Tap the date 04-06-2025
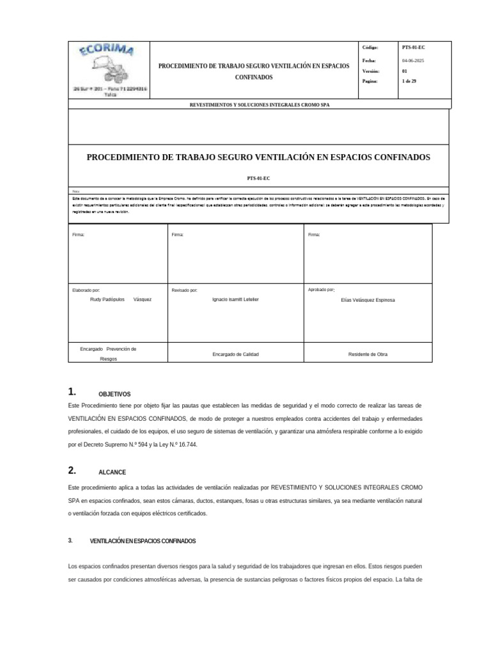pyautogui.click(x=412, y=59)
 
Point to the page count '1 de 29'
pyautogui.click(x=409, y=81)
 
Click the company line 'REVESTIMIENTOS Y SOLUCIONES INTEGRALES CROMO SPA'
pyautogui.click(x=259, y=104)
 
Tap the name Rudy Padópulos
pyautogui.click(x=105, y=299)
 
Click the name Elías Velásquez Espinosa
pyautogui.click(x=369, y=299)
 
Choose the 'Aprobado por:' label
pyautogui.click(x=322, y=290)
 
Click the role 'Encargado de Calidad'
pyautogui.click(x=235, y=354)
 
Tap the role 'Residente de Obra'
pyautogui.click(x=367, y=354)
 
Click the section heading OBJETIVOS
pyautogui.click(x=114, y=395)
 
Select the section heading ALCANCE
pyautogui.click(x=112, y=472)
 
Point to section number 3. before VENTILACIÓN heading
pyautogui.click(x=70, y=541)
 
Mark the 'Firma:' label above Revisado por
pyautogui.click(x=178, y=235)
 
